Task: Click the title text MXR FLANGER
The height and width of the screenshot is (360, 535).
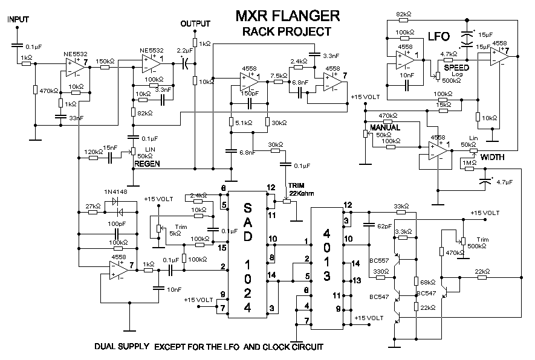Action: click(x=287, y=14)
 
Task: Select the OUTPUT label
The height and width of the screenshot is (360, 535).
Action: click(x=196, y=24)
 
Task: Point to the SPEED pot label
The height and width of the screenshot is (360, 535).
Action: click(x=456, y=68)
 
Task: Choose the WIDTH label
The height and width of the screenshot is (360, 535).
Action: click(x=493, y=157)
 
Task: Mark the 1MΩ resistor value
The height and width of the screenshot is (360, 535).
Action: click(x=469, y=162)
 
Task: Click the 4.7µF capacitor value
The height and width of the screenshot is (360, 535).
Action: click(x=505, y=181)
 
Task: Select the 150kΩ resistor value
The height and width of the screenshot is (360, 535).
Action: click(x=105, y=61)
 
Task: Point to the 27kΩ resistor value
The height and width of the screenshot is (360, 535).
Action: click(x=92, y=206)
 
